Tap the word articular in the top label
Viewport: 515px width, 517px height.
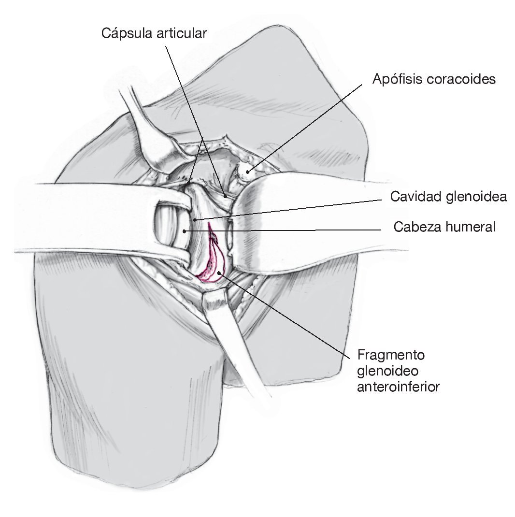(182, 33)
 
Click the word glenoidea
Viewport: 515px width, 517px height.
(475, 197)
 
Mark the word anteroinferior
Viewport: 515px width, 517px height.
(399, 387)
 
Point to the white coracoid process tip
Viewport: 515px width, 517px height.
(247, 169)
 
